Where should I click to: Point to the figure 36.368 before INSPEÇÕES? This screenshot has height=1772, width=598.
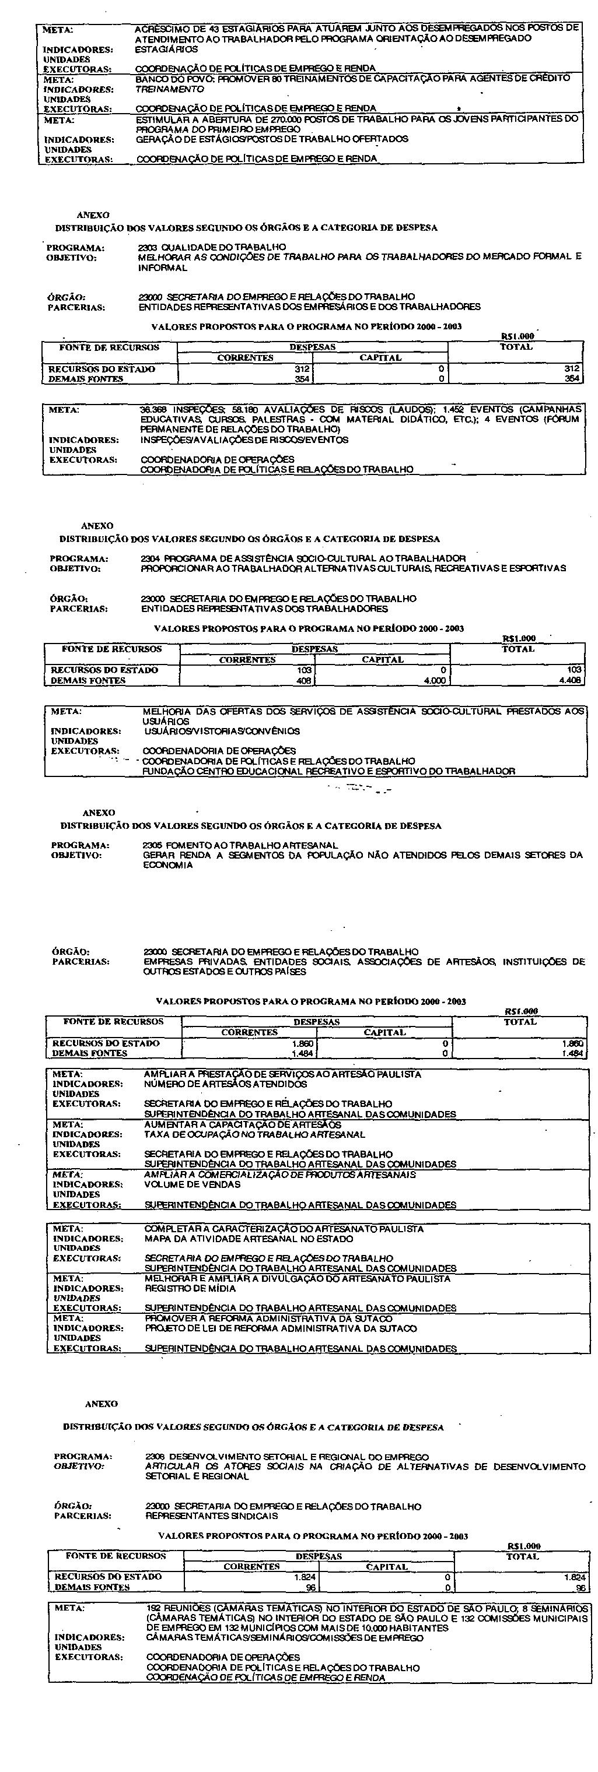pyautogui.click(x=151, y=409)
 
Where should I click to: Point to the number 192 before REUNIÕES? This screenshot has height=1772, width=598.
pyautogui.click(x=153, y=1608)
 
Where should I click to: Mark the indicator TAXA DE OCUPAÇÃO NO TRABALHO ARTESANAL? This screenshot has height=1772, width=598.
pyautogui.click(x=254, y=1134)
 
